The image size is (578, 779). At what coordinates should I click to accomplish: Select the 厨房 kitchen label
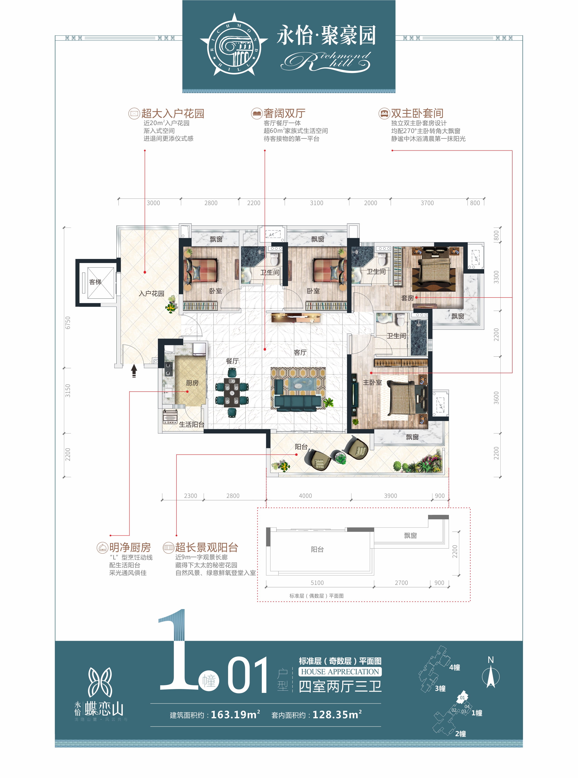(192, 383)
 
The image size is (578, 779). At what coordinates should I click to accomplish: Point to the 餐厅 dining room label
(232, 361)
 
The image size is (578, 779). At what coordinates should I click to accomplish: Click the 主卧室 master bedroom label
(372, 382)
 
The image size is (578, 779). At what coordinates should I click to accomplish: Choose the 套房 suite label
(408, 298)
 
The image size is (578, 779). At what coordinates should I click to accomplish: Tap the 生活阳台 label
(192, 424)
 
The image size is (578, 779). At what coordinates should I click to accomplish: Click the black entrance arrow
(134, 371)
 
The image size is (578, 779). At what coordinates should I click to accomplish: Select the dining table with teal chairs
(232, 392)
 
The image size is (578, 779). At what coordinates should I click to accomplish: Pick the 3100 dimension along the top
(317, 203)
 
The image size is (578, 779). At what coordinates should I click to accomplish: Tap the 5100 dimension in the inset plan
(317, 583)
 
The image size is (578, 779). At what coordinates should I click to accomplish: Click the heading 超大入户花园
(173, 113)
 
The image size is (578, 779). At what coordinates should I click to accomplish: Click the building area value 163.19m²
(236, 714)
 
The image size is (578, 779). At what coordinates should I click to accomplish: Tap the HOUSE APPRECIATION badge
(340, 672)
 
